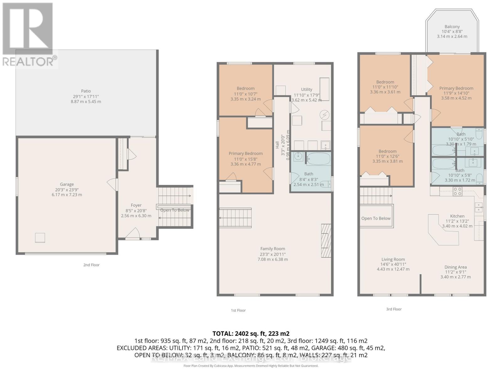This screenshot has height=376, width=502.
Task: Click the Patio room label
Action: (86, 91)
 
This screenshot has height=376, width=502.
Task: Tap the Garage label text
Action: (67, 185)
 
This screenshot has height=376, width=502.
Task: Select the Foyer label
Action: (136, 205)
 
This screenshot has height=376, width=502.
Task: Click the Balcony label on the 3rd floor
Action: (452, 27)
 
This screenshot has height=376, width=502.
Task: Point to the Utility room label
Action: (307, 90)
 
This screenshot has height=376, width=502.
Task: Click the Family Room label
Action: (272, 249)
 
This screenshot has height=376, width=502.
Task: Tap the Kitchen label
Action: (457, 216)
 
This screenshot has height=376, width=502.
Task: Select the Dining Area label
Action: (455, 267)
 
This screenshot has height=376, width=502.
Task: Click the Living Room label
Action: (393, 259)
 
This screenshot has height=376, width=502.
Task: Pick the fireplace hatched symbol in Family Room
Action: (326, 241)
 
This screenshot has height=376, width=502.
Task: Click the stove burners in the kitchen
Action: (457, 191)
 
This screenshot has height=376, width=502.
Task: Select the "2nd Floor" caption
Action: (91, 265)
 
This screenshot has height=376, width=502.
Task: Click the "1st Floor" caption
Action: (238, 311)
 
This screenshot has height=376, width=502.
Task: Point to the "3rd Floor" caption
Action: (394, 309)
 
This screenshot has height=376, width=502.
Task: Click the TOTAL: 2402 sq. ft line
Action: (251, 334)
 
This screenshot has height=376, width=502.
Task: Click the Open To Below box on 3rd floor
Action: (376, 218)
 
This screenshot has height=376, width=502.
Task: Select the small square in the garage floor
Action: (40, 238)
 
